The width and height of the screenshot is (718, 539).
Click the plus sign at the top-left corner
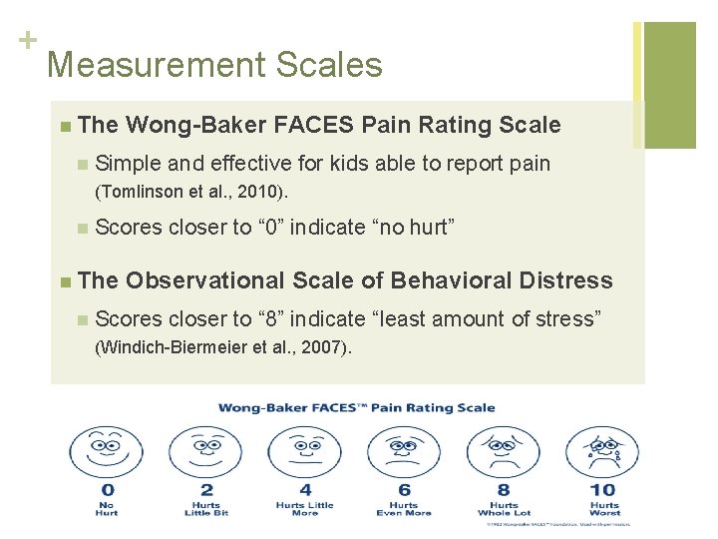click(26, 40)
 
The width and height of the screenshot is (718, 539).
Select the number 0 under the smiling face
click(107, 490)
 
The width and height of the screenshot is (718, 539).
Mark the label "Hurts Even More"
click(404, 509)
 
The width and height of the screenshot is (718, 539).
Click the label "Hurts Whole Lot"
click(504, 509)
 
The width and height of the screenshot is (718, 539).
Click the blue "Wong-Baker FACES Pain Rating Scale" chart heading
click(357, 407)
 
